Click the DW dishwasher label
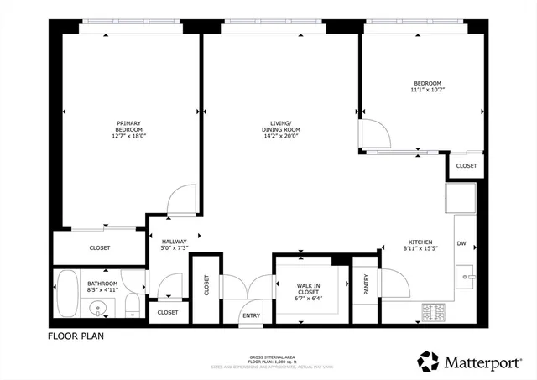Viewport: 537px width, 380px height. pyautogui.click(x=461, y=243)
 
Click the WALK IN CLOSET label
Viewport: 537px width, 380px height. pyautogui.click(x=309, y=290)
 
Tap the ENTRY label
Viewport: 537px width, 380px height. pyautogui.click(x=250, y=315)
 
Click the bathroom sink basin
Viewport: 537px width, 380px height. pyautogui.click(x=100, y=308)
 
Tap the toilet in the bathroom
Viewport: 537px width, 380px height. pyautogui.click(x=131, y=309)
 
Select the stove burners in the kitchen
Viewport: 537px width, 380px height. pyautogui.click(x=434, y=312)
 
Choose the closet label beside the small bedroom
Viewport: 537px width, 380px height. pyautogui.click(x=467, y=166)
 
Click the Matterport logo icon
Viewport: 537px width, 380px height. pyautogui.click(x=429, y=362)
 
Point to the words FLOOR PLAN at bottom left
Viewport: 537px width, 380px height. pyautogui.click(x=75, y=336)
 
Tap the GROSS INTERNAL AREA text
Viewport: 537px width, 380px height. pyautogui.click(x=267, y=356)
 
